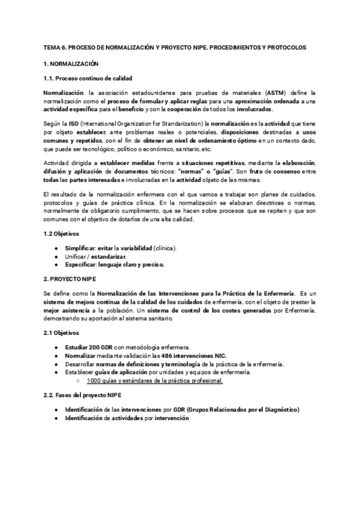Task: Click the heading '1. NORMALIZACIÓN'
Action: click(x=71, y=64)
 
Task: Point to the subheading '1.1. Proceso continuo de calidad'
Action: click(x=88, y=79)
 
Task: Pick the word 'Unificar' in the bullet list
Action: click(x=76, y=256)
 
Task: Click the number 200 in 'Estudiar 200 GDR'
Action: click(x=94, y=347)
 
